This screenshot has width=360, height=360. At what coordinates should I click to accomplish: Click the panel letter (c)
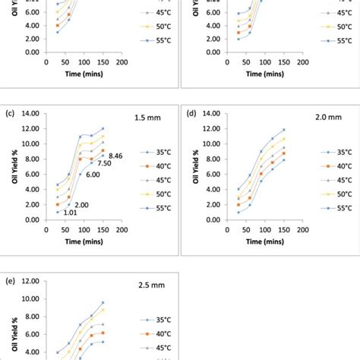[10, 114]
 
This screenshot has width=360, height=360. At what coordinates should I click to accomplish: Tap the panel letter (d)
[191, 114]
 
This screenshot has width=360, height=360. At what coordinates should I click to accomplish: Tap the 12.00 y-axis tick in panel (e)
[31, 280]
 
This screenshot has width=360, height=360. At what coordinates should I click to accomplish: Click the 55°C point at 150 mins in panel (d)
[284, 130]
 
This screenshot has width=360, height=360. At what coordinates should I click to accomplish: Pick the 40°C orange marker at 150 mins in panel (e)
[103, 333]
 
